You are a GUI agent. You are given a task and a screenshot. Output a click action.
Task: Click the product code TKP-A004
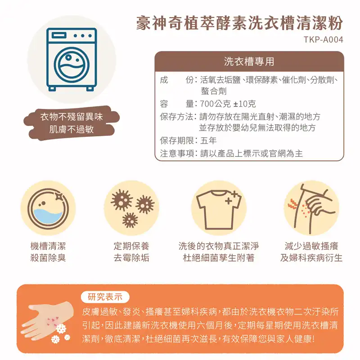(324, 40)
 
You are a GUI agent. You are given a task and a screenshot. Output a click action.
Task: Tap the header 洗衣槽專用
(249, 62)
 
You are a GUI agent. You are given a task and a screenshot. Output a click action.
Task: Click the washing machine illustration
(72, 59)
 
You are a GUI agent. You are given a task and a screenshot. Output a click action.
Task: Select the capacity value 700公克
(216, 104)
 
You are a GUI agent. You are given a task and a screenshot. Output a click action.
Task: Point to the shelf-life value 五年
(208, 140)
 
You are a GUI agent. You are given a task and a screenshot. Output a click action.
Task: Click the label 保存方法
(176, 117)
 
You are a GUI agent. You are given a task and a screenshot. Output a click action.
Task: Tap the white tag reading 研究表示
(105, 297)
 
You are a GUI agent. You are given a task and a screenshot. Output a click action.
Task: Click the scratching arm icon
(311, 209)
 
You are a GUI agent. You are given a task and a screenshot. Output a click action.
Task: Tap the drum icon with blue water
(48, 208)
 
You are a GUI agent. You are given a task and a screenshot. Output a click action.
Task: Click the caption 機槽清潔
(48, 246)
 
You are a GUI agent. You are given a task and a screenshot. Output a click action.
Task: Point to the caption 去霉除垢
(131, 257)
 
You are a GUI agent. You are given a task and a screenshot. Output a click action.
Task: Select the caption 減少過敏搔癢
(311, 246)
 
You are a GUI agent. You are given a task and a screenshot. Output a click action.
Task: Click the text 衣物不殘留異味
(72, 117)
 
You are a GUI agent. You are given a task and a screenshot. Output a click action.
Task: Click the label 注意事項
(176, 153)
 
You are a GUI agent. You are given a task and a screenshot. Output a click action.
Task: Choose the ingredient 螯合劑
(213, 91)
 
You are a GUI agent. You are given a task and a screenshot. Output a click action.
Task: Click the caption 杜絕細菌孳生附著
(219, 257)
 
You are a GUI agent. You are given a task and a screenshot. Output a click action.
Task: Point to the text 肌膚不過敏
(72, 129)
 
